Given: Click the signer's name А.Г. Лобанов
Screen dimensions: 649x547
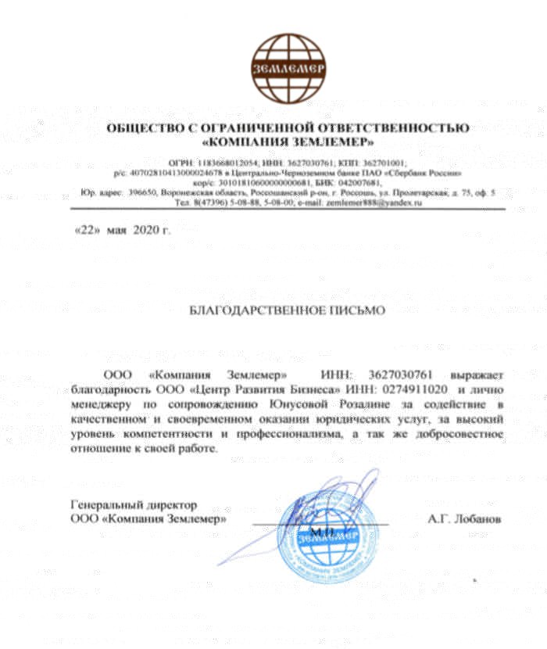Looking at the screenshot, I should (x=464, y=518).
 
